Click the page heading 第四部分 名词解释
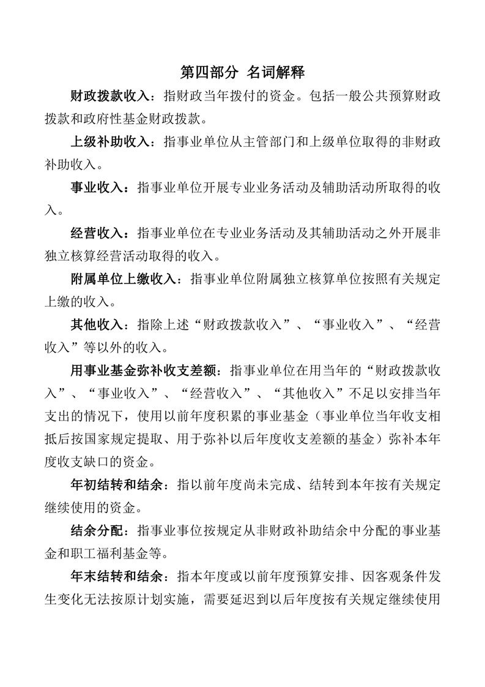pos(243,72)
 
